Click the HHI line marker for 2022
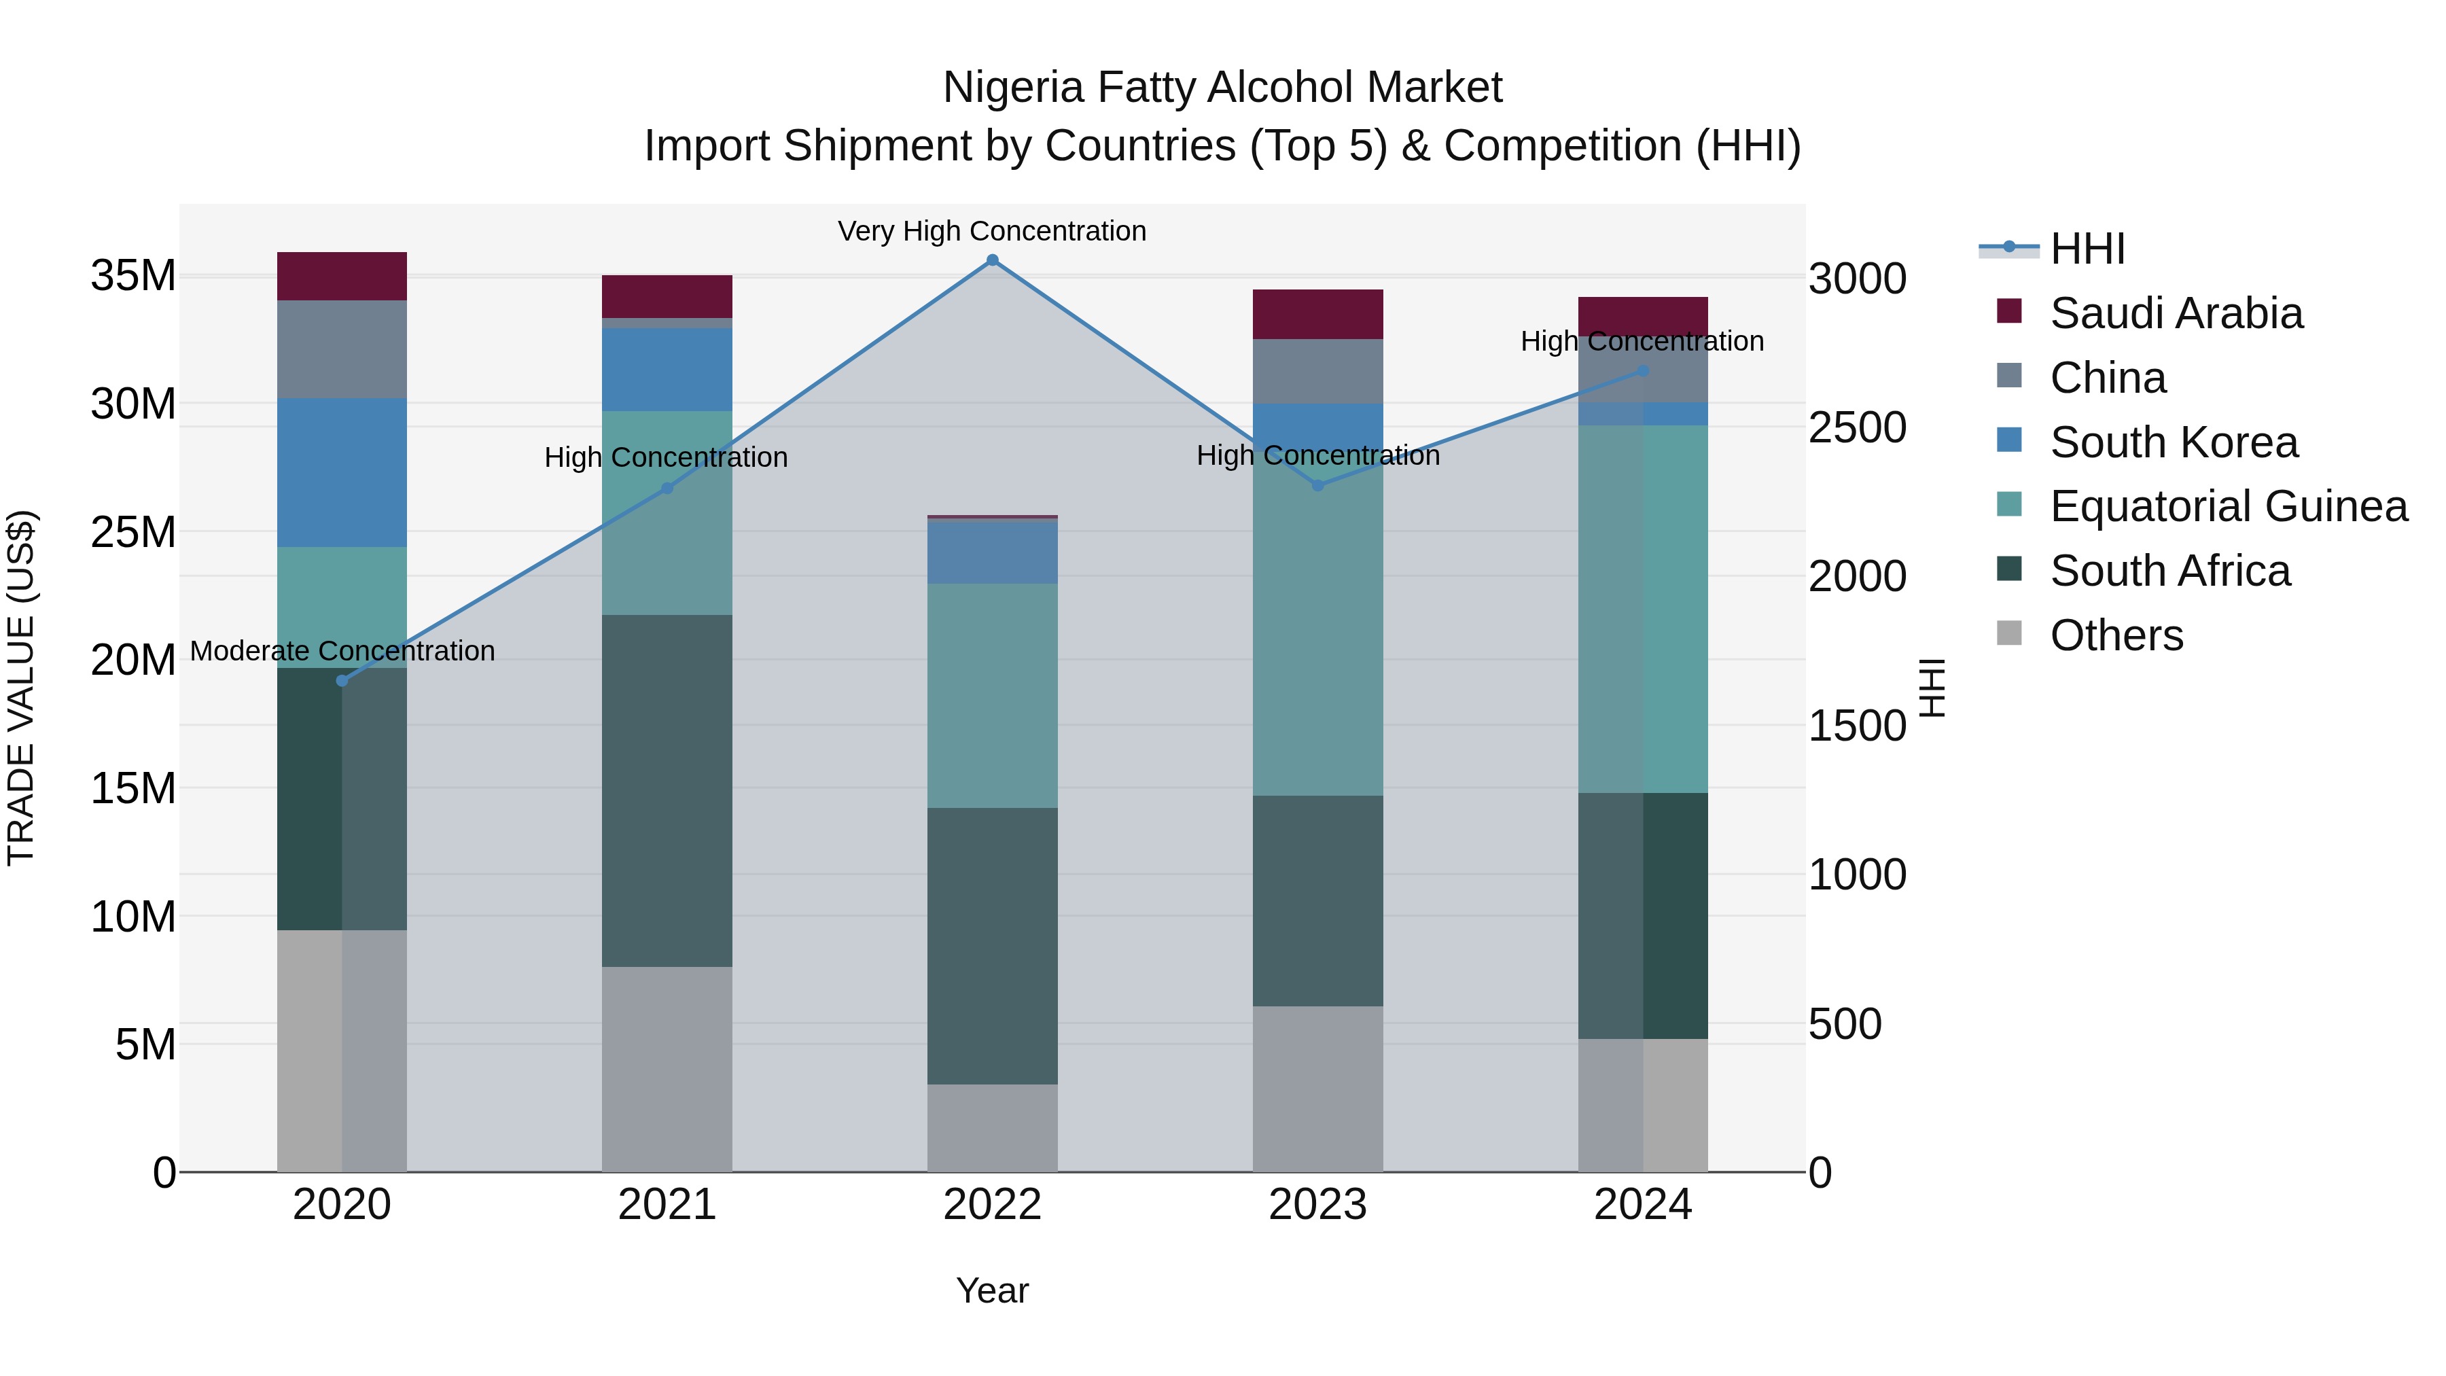tap(992, 260)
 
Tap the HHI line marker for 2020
tap(342, 681)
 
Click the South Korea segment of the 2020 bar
tap(342, 472)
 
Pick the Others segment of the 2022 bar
tap(992, 1128)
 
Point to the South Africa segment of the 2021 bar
tap(667, 790)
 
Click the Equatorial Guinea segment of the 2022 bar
tap(992, 695)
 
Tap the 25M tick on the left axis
tap(133, 532)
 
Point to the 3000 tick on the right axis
tap(1856, 279)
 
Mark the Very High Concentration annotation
tap(991, 231)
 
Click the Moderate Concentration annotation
tap(342, 652)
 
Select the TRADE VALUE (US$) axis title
tap(21, 688)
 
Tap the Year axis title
tap(992, 1290)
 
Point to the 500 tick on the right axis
tap(1844, 1024)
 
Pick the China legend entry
tap(2107, 378)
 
